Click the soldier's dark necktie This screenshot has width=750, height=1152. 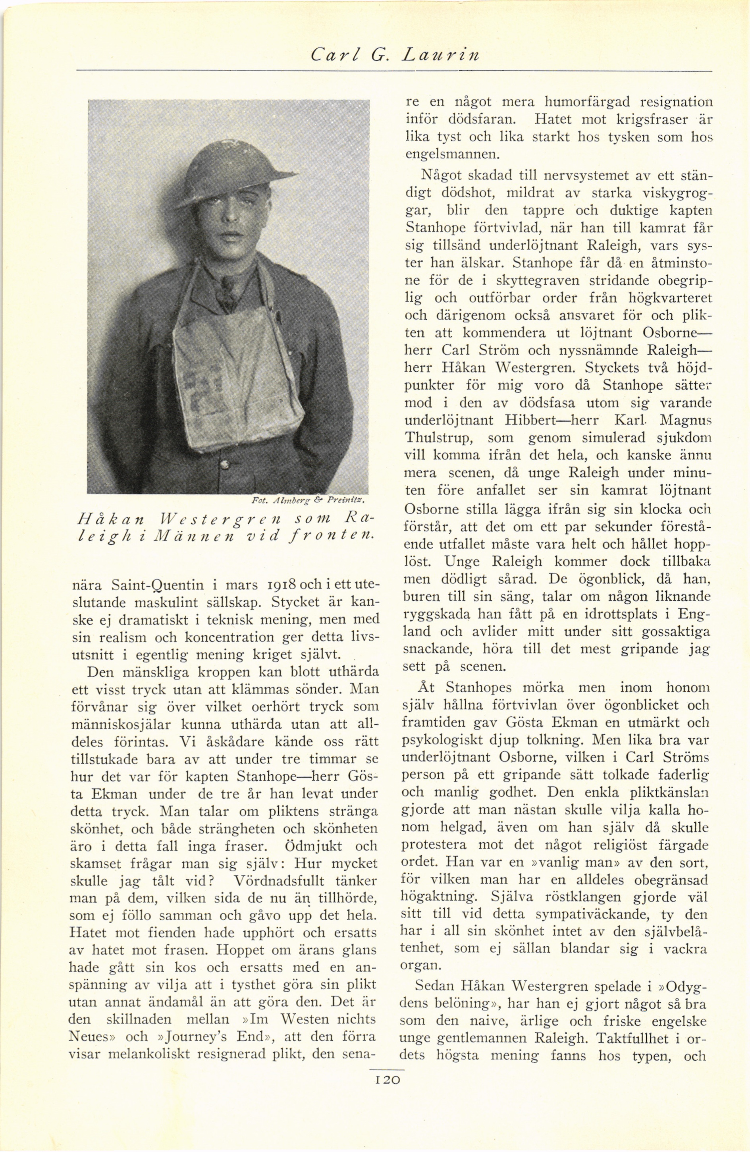coord(226,290)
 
